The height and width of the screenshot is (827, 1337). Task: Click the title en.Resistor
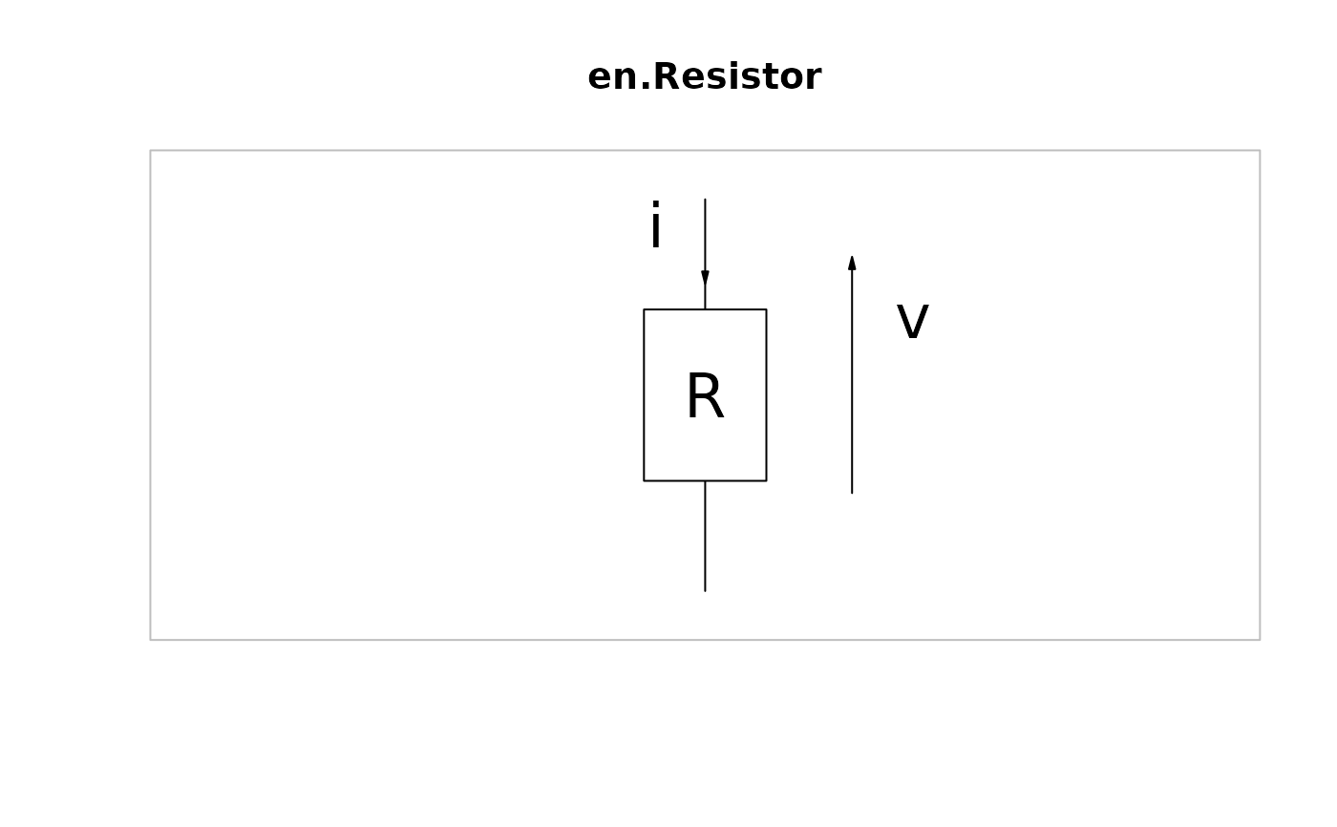pos(704,77)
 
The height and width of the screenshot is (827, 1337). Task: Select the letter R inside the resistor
pos(705,396)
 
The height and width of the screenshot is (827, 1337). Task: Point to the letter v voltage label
pos(912,322)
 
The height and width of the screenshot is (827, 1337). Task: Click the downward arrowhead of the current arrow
pos(705,278)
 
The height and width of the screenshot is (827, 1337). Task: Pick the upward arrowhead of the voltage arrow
pos(852,263)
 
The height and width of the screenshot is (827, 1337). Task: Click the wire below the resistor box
pos(705,535)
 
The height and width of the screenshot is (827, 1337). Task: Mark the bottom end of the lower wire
pos(705,591)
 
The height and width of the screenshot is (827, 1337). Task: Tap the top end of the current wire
pos(705,200)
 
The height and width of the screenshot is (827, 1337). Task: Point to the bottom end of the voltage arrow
pos(852,493)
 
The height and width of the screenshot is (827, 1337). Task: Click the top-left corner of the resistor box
pos(644,309)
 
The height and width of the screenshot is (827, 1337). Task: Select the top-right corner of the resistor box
pos(766,309)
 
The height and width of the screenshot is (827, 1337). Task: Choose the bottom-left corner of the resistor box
pos(644,480)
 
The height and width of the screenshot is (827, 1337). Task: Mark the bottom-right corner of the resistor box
pos(766,480)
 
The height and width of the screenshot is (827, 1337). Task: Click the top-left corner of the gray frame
pos(151,151)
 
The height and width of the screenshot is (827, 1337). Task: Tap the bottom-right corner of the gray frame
pos(1260,640)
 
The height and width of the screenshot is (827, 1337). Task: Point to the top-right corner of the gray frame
pos(1260,151)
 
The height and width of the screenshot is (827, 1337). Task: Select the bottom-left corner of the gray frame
pos(151,640)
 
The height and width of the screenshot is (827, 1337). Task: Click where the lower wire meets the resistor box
pos(705,480)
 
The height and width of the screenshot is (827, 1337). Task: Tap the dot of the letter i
pos(655,206)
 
